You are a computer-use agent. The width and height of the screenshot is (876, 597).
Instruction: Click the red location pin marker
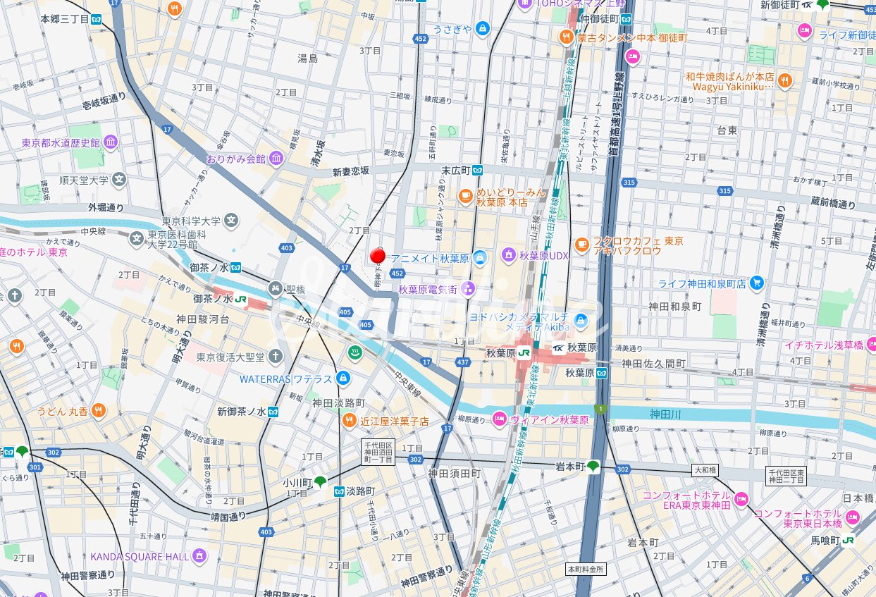377,256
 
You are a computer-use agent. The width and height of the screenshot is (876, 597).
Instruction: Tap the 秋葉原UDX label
544,254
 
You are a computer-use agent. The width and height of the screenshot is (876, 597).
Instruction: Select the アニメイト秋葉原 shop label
430,259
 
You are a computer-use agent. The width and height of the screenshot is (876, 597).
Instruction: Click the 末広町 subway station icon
478,170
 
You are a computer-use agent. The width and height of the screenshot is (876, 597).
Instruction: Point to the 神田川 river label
665,414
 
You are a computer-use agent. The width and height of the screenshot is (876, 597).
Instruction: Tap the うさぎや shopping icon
482,29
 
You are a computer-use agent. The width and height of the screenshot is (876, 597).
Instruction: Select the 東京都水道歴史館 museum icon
111,143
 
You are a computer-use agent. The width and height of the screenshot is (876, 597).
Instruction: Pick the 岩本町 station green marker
593,466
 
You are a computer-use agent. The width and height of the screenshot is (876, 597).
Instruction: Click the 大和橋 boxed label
705,469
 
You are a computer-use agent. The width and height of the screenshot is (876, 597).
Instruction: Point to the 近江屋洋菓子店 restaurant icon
350,421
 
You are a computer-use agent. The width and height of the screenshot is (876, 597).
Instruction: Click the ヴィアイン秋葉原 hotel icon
499,419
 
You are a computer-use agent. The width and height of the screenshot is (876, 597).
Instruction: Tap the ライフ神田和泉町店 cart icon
757,283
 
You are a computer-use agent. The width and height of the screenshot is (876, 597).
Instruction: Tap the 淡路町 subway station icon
340,491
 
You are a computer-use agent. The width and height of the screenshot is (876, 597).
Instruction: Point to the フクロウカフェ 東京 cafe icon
581,245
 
